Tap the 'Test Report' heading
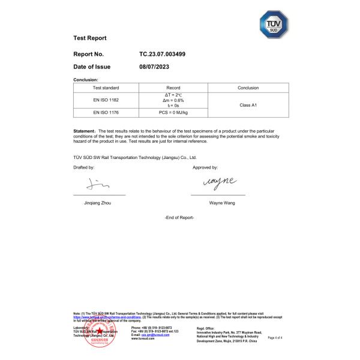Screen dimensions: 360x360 point(89,38)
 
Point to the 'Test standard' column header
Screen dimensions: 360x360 point(106,88)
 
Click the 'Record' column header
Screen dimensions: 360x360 point(173,88)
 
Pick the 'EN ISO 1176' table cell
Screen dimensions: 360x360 point(106,112)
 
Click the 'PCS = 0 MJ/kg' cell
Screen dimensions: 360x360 point(173,112)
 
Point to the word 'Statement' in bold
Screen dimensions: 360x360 point(84,130)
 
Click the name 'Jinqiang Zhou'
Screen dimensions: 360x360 point(98,203)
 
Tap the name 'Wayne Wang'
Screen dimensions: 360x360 point(222,203)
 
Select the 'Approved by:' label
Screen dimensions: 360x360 point(205,167)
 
